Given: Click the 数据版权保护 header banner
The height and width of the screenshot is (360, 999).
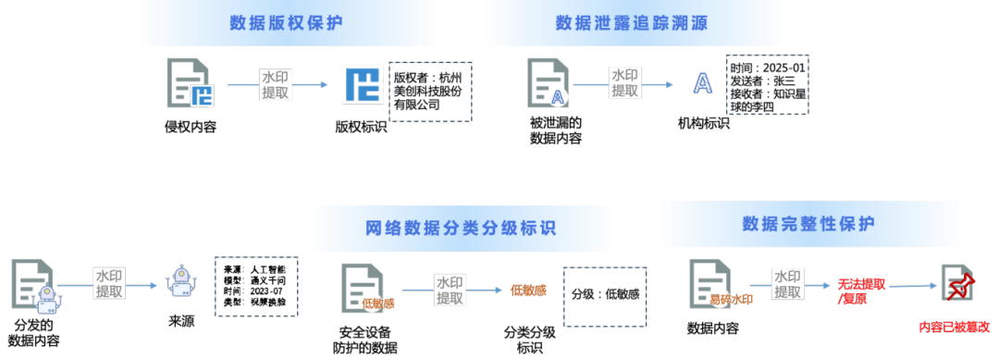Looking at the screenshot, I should tap(285, 22).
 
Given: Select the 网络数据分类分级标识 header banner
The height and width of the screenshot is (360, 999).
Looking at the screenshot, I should tap(462, 228).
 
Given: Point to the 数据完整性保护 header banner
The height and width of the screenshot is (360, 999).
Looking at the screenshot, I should tap(809, 224).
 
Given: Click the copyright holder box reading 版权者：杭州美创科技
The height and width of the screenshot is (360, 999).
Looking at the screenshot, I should tap(430, 91).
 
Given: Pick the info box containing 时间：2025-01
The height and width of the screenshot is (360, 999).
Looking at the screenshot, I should tap(767, 87).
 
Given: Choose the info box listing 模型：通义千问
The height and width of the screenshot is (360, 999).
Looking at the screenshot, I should tap(256, 288).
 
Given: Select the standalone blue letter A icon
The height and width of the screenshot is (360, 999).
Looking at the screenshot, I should tap(703, 84).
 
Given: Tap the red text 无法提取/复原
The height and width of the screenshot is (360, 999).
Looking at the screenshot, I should tap(860, 292).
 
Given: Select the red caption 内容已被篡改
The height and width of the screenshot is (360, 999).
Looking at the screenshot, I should tap(955, 327).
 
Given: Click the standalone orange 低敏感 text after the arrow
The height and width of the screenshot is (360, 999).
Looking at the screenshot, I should tap(528, 291).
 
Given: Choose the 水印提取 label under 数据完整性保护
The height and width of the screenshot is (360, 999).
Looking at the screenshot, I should tap(788, 284).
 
